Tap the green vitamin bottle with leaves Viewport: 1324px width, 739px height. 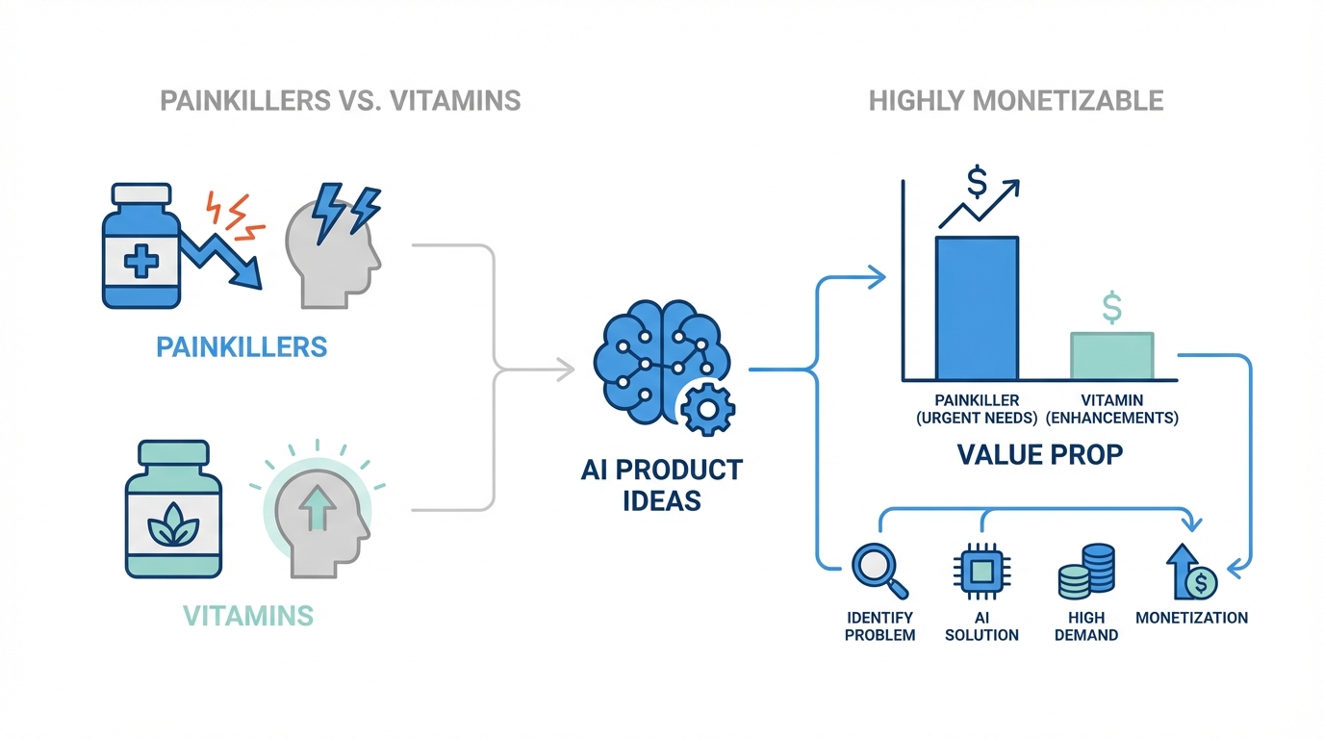167,512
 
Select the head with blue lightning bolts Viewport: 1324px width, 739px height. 334,247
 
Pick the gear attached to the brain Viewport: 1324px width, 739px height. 707,409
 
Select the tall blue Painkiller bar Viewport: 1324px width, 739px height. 977,308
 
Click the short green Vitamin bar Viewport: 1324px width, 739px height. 1112,355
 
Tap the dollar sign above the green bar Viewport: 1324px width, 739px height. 1112,309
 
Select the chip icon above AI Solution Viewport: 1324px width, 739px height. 980,572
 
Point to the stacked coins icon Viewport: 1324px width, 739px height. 1086,572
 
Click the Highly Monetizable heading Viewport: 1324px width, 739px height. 1016,100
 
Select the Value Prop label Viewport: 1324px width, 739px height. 1040,453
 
